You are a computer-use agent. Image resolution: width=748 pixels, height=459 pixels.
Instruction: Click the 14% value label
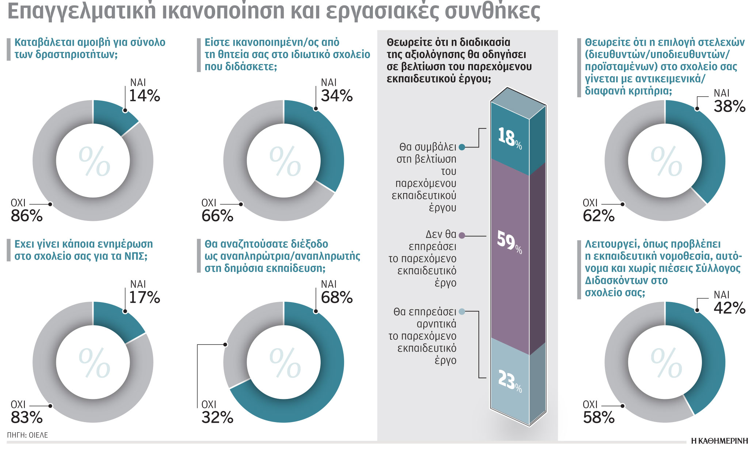click(145, 96)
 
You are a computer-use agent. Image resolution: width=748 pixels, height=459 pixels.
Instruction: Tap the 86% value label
click(27, 216)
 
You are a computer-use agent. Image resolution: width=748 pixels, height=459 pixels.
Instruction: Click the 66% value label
click(217, 216)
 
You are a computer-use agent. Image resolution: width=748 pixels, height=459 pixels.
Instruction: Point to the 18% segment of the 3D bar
click(510, 138)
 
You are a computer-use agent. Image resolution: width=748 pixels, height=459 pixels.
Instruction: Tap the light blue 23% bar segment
click(510, 380)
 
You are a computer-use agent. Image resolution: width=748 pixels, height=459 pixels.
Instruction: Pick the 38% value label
click(729, 106)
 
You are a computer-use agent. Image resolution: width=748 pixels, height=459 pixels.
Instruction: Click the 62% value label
click(599, 216)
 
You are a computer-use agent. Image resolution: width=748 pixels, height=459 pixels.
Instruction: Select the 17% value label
click(145, 298)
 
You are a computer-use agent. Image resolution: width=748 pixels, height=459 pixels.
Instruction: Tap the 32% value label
click(217, 417)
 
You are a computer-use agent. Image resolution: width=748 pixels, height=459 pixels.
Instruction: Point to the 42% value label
click(729, 308)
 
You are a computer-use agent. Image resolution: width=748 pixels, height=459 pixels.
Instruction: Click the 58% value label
click(599, 417)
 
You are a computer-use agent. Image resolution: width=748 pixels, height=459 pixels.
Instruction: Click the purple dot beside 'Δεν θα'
click(462, 236)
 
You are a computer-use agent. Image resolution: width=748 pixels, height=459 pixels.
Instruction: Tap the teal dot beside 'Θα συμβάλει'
click(462, 147)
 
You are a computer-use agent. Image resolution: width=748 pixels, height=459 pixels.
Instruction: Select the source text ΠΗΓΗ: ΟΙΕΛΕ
click(27, 435)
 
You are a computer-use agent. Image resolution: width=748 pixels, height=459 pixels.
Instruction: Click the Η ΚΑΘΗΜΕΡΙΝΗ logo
click(719, 441)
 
